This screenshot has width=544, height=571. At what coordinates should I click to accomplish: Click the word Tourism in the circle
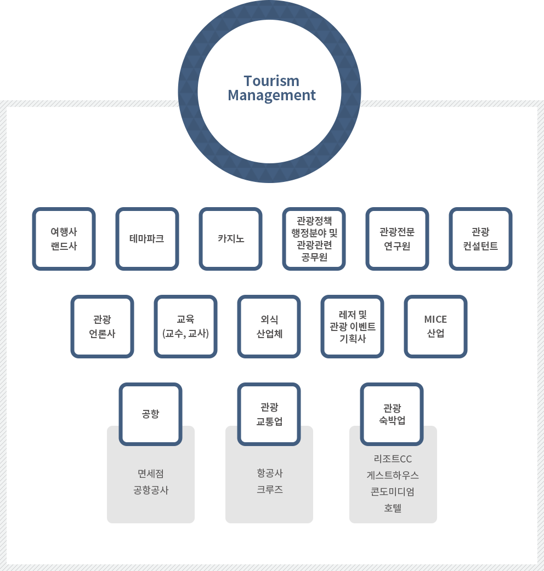point(271,81)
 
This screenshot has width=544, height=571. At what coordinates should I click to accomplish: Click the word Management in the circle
point(271,95)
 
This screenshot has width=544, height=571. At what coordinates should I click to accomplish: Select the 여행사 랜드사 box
point(64,239)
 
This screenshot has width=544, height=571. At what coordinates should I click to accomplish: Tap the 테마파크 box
point(147,239)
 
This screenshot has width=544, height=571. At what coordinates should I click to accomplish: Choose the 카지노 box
point(230,239)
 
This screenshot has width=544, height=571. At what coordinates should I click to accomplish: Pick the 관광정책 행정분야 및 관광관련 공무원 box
point(314,239)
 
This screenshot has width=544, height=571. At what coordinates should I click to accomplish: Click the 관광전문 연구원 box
point(397,239)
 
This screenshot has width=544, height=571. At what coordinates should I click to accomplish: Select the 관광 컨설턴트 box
point(480,239)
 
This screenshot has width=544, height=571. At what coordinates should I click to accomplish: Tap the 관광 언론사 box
point(102,327)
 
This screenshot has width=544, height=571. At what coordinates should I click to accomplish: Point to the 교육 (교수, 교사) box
point(185,327)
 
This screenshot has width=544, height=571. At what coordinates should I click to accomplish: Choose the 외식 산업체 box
point(269,327)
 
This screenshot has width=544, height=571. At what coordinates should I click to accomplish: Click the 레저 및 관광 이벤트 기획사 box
point(352,327)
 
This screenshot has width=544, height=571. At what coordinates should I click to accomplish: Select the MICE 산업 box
point(435,327)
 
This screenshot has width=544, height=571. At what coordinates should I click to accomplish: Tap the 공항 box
point(150,414)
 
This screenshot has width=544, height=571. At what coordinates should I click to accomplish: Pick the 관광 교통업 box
point(269,414)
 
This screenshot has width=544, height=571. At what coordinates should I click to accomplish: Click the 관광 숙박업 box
point(392,414)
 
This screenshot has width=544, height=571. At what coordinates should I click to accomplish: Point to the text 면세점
point(151,473)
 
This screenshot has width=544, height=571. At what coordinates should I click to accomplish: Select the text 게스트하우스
point(393,475)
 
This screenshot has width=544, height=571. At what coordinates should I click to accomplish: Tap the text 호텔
point(393,508)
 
